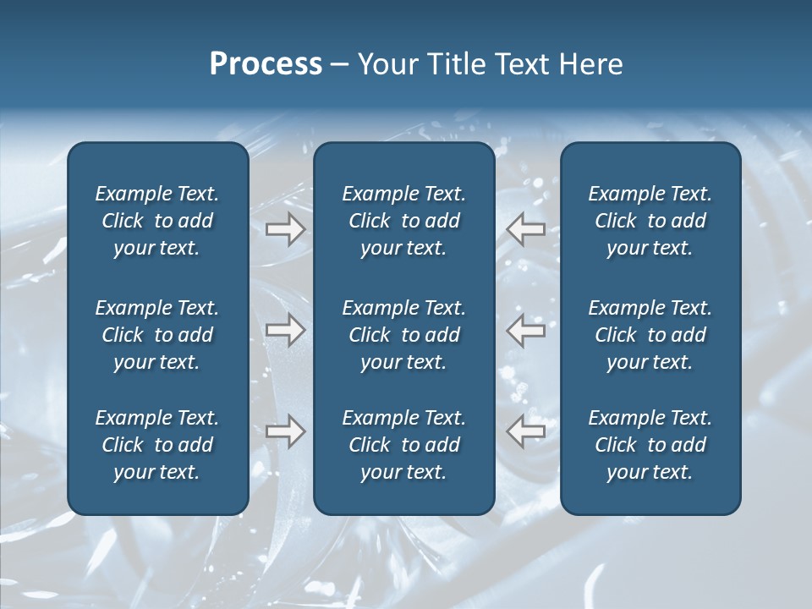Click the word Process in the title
[266, 64]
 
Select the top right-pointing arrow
[285, 229]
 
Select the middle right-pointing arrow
[285, 330]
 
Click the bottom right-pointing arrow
[285, 431]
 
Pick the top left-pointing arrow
[525, 229]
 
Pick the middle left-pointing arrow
[525, 330]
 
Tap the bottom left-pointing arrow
[525, 431]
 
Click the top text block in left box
[157, 221]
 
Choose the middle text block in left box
[157, 335]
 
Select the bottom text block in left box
[157, 445]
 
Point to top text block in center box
[403, 221]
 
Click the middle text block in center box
[403, 335]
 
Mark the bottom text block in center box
[403, 445]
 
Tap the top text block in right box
[650, 221]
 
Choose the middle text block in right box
[650, 335]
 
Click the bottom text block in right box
[650, 445]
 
